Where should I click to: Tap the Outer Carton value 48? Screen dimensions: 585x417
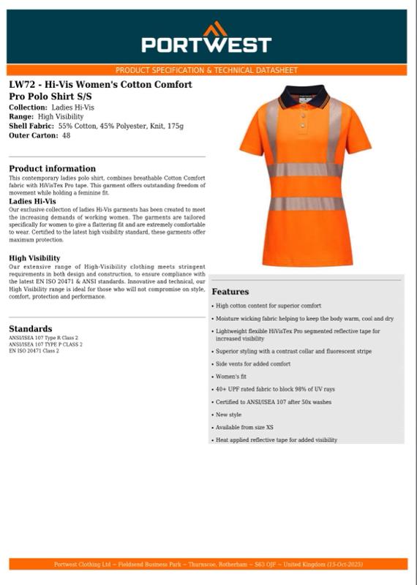pos(67,135)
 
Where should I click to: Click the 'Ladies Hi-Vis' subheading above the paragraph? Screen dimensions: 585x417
pos(32,201)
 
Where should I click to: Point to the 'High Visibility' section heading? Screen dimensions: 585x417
pos(34,258)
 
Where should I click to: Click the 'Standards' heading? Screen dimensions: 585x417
pos(30,328)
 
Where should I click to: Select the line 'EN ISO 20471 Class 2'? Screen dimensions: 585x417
pos(34,351)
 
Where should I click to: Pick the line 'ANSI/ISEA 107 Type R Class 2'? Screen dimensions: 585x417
pos(43,339)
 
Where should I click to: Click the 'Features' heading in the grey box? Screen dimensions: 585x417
pos(230,292)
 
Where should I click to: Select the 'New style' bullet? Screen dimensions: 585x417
pos(228,415)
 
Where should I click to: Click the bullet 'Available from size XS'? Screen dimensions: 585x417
pos(244,427)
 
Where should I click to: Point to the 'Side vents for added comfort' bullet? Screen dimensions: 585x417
pos(252,363)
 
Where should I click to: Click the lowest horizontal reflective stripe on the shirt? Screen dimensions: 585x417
pos(306,204)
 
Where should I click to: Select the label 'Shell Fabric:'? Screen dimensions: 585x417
pos(31,126)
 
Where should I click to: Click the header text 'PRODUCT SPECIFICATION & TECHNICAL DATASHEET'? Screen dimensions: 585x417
pos(206,70)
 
